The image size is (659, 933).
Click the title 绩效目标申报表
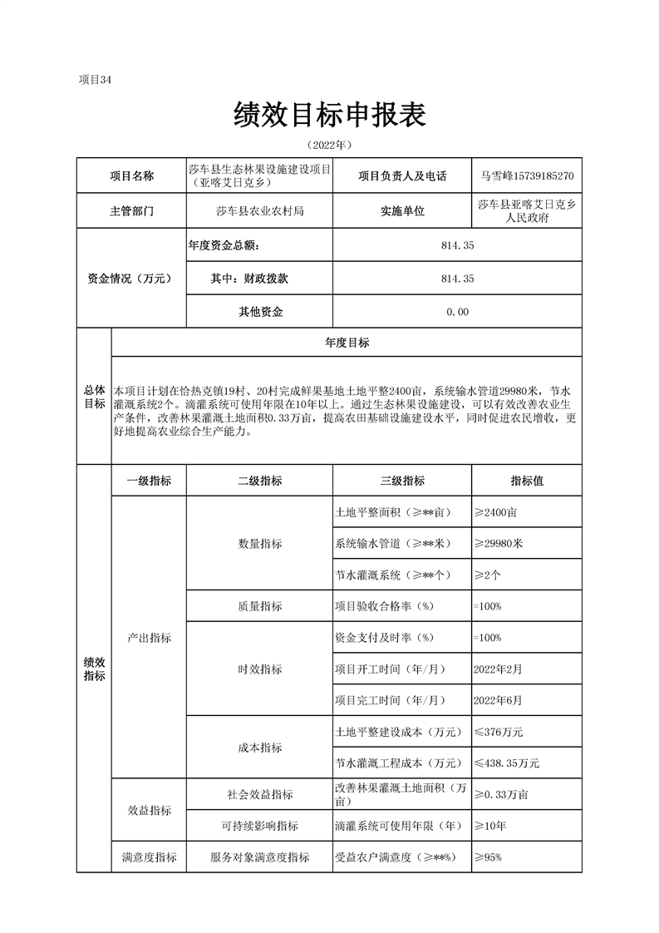coord(330,115)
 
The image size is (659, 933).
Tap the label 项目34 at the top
coord(94,80)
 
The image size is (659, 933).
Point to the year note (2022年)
coord(330,145)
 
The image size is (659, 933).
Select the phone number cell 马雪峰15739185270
coord(526,176)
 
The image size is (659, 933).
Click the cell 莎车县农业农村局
coord(259,211)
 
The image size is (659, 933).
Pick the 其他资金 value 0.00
coord(457,312)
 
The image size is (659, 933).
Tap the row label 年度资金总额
coord(224,246)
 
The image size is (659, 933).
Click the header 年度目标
coord(347,343)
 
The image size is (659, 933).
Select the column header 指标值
coord(527,481)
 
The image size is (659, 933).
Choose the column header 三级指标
coord(402,481)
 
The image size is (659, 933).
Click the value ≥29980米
coord(499,543)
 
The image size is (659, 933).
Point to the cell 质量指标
coord(259,606)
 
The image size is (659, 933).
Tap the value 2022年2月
coord(498,668)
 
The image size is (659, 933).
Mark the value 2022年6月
coord(498,699)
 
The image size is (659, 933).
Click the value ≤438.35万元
coord(507,763)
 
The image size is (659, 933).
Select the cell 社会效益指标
coord(259,794)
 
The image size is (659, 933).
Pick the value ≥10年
coord(490,826)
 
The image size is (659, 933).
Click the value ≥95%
coord(488,857)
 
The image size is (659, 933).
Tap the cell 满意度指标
coord(149,857)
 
